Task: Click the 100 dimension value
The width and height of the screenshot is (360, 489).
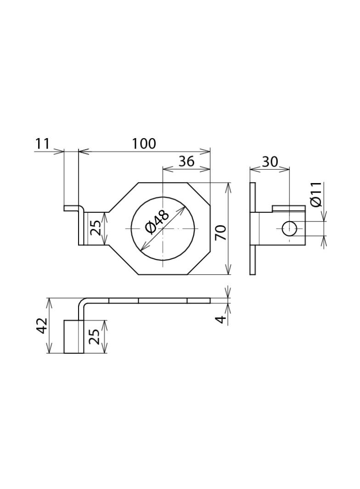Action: pyautogui.click(x=144, y=144)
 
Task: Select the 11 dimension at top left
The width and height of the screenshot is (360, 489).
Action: pyautogui.click(x=42, y=144)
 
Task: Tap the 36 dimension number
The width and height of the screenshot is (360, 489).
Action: pyautogui.click(x=186, y=161)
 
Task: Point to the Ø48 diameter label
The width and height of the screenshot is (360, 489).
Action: pyautogui.click(x=157, y=221)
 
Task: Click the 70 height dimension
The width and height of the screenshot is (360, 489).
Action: pyautogui.click(x=221, y=233)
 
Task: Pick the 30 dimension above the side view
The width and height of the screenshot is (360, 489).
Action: pyautogui.click(x=270, y=162)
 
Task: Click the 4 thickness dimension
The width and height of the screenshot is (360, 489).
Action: pyautogui.click(x=221, y=319)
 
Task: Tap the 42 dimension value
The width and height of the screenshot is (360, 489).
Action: pyautogui.click(x=42, y=326)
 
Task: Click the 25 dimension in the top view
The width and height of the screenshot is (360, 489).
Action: pyautogui.click(x=95, y=228)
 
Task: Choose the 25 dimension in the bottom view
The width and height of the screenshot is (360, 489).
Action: pyautogui.click(x=94, y=336)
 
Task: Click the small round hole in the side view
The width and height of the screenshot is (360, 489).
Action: pyautogui.click(x=289, y=228)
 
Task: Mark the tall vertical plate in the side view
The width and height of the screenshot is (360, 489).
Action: pyautogui.click(x=253, y=228)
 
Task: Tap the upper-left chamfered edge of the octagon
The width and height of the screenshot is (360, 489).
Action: pyautogui.click(x=123, y=198)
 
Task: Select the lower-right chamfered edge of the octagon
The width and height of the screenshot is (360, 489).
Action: pyautogui.click(x=199, y=263)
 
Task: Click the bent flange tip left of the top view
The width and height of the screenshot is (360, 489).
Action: pyautogui.click(x=71, y=208)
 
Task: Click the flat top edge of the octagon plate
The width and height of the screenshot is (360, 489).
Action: pyautogui.click(x=163, y=183)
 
